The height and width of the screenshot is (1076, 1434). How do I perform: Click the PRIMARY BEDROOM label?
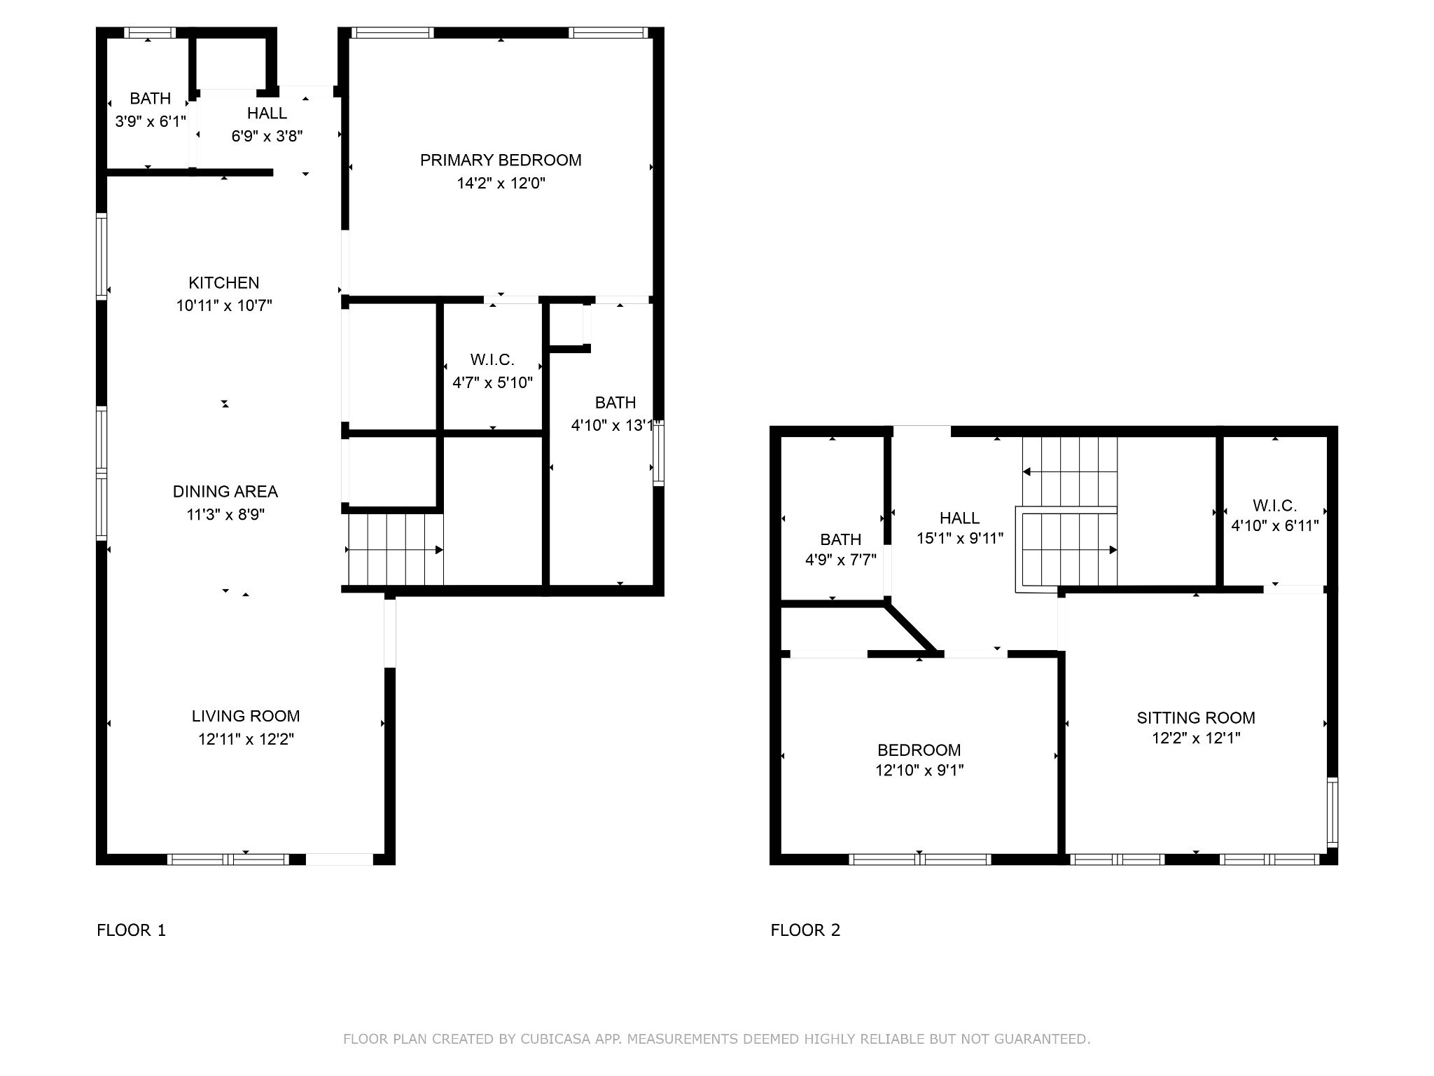click(501, 160)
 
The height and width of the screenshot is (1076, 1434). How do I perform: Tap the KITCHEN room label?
click(224, 283)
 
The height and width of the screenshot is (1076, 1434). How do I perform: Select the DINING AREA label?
click(225, 492)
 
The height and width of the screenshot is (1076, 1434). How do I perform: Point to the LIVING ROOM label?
click(246, 716)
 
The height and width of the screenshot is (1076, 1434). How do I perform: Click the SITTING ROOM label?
click(1196, 717)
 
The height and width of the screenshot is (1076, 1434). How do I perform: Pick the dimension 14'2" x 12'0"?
click(501, 184)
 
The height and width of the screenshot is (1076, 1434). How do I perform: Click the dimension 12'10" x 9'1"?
click(919, 771)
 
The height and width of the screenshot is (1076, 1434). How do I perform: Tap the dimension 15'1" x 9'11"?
click(960, 538)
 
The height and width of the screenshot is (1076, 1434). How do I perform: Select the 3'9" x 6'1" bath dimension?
click(151, 122)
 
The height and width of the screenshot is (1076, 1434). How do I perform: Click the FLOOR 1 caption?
click(132, 930)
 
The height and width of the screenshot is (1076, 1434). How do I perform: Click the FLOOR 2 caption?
click(805, 930)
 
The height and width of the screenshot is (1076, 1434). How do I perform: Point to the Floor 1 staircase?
click(396, 550)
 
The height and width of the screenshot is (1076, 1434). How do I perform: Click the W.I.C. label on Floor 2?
click(1275, 506)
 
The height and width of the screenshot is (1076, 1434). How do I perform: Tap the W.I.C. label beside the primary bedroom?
click(492, 360)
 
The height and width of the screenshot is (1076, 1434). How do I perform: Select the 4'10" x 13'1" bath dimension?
click(615, 425)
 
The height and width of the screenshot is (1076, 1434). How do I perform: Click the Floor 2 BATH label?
click(841, 539)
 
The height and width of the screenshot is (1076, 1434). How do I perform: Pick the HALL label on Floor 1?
click(267, 113)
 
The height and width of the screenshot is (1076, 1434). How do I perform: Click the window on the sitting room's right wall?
click(1332, 813)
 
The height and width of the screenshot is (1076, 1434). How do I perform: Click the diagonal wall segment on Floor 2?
click(911, 628)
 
